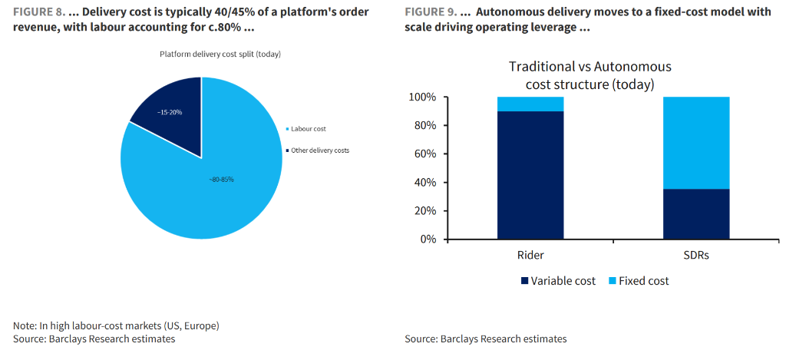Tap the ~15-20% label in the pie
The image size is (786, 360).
(x=170, y=112)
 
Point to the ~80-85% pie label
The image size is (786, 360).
(x=221, y=179)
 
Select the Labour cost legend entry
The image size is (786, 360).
(x=308, y=129)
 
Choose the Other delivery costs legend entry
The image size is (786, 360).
(x=318, y=150)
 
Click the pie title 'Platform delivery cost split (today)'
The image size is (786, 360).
(x=221, y=54)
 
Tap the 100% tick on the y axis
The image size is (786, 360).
(x=422, y=97)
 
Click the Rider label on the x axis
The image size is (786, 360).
(x=530, y=255)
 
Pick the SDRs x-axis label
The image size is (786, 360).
(x=696, y=255)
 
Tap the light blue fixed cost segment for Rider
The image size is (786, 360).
(x=530, y=104)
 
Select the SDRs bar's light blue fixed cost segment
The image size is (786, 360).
(x=696, y=143)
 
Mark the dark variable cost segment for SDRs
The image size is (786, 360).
(x=696, y=214)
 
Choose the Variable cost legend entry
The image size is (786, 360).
(x=558, y=281)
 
